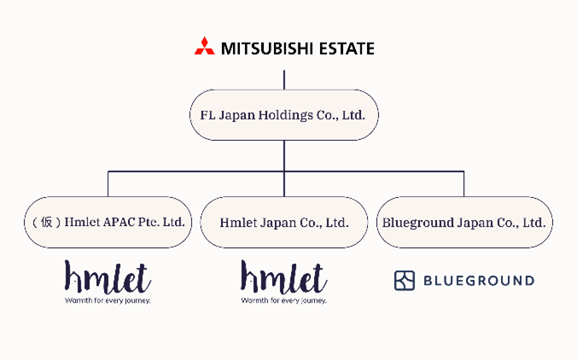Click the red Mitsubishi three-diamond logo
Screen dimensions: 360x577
tap(204, 47)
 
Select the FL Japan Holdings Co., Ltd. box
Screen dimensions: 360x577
tap(283, 114)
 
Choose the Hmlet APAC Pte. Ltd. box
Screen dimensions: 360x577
tap(107, 223)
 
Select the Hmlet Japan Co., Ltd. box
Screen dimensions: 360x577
tap(283, 223)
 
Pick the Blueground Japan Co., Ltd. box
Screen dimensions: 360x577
tap(463, 223)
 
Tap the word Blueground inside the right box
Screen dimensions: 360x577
tap(417, 223)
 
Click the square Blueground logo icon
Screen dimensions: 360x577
tap(404, 281)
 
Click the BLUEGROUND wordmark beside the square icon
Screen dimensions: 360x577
tap(478, 281)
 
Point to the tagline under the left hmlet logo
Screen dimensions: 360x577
tap(108, 300)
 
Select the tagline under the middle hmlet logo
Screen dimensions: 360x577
tap(283, 300)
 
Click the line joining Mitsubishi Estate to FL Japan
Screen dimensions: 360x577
tap(283, 78)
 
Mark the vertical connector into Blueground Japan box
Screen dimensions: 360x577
tap(463, 184)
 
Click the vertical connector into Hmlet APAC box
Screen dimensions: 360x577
tap(108, 184)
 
